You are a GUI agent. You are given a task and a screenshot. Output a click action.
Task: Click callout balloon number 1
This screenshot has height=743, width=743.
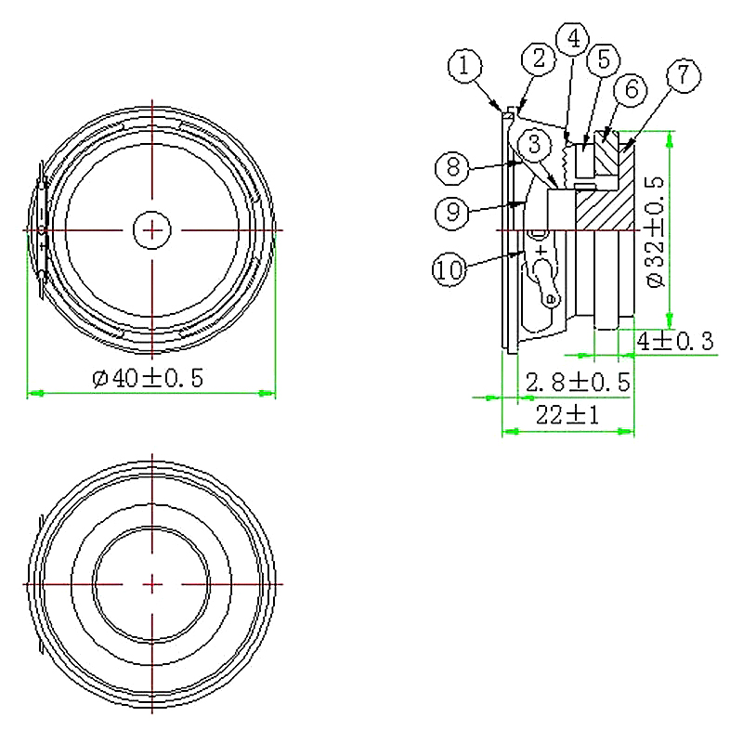point(466,67)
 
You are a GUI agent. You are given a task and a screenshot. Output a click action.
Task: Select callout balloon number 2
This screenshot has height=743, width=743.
point(538,60)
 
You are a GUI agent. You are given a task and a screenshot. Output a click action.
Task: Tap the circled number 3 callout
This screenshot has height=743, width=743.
point(535,144)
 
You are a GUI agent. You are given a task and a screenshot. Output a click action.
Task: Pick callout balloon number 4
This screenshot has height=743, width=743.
point(573,39)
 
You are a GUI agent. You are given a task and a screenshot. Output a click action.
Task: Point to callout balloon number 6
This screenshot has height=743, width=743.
point(631,90)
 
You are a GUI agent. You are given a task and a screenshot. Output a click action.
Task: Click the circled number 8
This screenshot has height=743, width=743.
point(452,167)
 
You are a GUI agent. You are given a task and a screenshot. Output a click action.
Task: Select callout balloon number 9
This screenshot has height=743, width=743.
point(452,213)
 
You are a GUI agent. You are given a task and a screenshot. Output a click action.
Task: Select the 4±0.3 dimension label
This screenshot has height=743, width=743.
point(674,342)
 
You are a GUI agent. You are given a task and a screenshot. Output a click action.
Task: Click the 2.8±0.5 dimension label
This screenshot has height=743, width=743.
point(578,382)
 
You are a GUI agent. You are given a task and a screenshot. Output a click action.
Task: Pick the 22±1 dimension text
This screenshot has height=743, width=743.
point(567,416)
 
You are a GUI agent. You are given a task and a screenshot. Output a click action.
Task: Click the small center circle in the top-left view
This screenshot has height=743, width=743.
point(151,228)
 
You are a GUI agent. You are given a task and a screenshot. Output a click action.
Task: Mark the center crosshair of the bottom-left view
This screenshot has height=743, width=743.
point(151,583)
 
